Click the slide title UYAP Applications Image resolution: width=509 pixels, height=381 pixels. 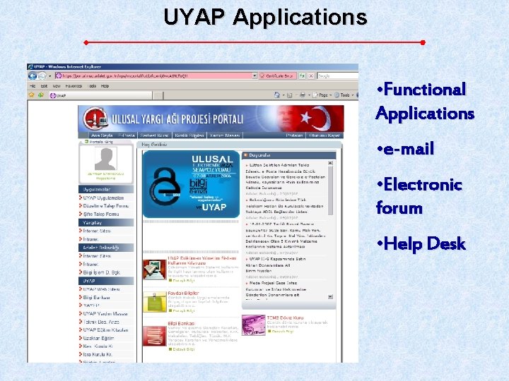pyautogui.click(x=265, y=16)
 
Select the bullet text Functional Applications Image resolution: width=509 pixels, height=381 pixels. pyautogui.click(x=424, y=101)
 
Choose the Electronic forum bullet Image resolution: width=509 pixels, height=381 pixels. pyautogui.click(x=419, y=196)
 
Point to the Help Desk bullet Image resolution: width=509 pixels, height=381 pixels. pyautogui.click(x=421, y=244)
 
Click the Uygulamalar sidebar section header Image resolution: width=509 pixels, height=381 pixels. pyautogui.click(x=97, y=190)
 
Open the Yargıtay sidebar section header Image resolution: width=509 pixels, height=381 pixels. pyautogui.click(x=93, y=222)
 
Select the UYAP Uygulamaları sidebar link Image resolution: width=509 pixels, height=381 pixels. pyautogui.click(x=104, y=198)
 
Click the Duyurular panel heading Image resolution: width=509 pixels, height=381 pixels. pyautogui.click(x=261, y=155)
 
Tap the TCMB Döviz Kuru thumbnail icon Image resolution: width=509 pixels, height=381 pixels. pyautogui.click(x=253, y=325)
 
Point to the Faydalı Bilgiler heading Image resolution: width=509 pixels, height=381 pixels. pyautogui.click(x=182, y=293)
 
